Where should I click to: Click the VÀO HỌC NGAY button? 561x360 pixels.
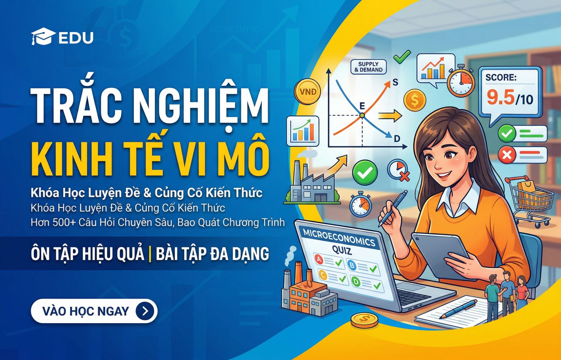coord(94,311)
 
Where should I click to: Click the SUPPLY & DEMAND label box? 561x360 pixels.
coord(368,67)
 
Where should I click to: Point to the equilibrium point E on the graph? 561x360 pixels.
coord(362,115)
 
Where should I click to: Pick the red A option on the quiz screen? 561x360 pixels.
coord(319,259)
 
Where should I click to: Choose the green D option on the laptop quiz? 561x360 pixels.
coord(356,281)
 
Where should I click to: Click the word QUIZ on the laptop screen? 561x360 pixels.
coord(341,250)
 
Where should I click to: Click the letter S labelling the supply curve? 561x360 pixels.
coord(395,82)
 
